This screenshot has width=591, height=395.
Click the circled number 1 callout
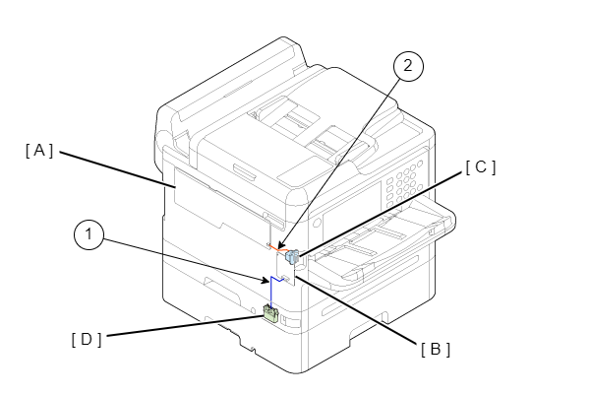[x=89, y=236]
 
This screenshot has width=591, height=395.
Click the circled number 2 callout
[x=408, y=66]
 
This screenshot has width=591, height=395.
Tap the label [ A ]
[x=39, y=150]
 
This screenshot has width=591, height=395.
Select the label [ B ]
[x=435, y=348]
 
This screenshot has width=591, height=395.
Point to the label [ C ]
[x=481, y=166]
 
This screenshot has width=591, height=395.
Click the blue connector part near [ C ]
[x=291, y=258]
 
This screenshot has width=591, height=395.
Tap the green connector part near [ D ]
[x=270, y=314]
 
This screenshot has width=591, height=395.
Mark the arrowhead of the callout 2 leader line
[x=278, y=245]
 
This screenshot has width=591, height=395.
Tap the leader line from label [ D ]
[x=182, y=327]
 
